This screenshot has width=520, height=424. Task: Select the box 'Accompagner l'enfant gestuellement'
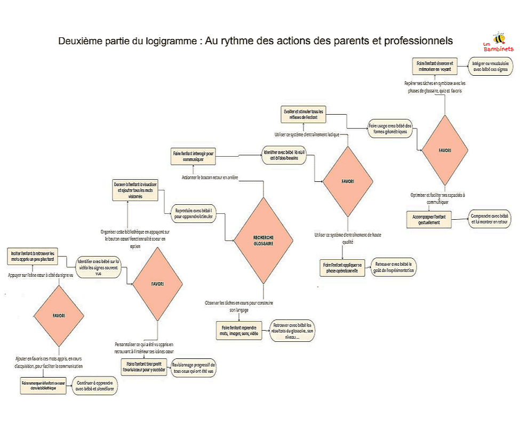click(429, 220)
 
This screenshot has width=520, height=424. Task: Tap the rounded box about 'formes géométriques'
click(390, 129)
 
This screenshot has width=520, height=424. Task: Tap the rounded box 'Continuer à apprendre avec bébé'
click(97, 386)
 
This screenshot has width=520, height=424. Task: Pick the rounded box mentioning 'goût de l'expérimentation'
click(394, 267)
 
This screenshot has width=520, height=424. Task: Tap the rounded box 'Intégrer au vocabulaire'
click(490, 66)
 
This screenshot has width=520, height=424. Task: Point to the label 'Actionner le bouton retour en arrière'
click(209, 177)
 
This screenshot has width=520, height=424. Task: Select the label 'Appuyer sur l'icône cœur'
click(41, 275)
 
